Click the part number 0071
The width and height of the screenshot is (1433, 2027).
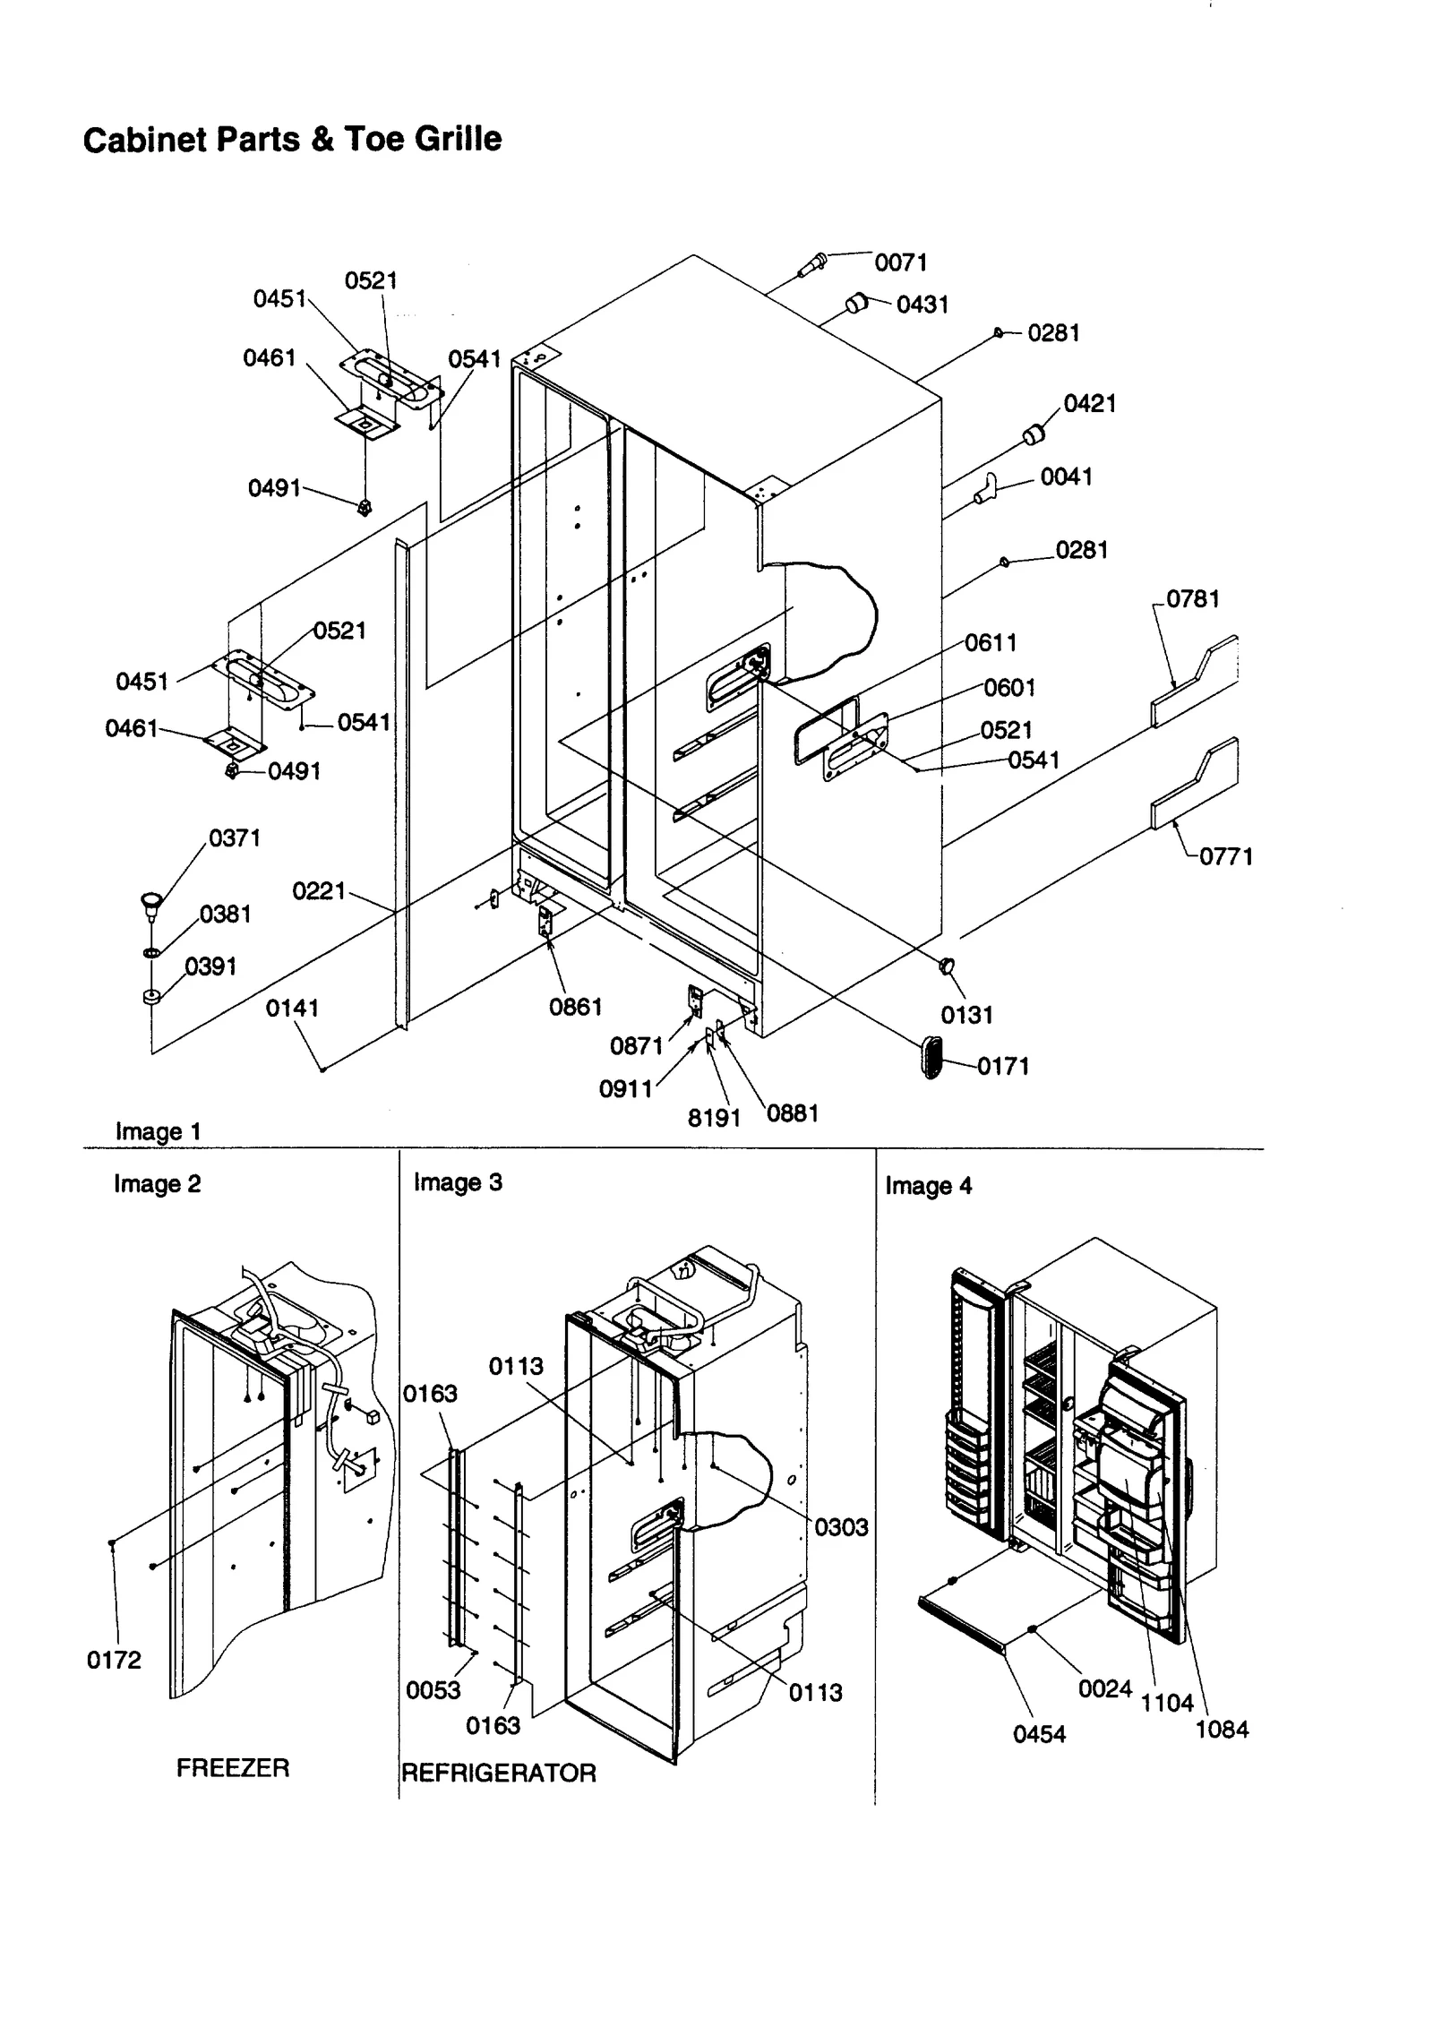pos(900,262)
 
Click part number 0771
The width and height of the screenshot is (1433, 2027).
pos(1225,856)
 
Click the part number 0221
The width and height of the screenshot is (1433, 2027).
pos(319,891)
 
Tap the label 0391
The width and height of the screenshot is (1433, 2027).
pos(210,966)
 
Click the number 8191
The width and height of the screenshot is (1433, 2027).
pos(714,1118)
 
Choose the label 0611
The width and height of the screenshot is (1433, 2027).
pos(991,643)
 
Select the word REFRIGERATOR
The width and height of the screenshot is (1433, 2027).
pos(498,1773)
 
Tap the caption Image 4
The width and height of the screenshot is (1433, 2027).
pos(928,1186)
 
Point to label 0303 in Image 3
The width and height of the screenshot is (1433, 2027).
pos(841,1527)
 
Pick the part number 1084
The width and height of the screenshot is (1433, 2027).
pos(1222,1730)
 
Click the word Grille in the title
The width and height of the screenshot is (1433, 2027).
pos(460,139)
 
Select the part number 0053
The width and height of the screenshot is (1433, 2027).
pos(433,1689)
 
